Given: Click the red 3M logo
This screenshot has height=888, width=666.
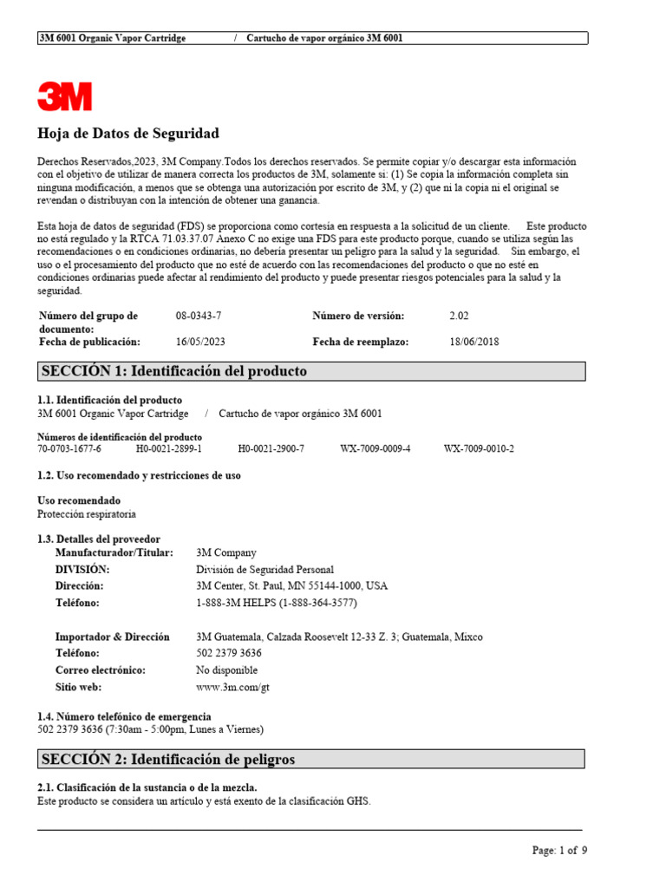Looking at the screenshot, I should [64, 95].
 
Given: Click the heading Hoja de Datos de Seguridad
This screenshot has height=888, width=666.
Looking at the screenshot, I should [128, 134].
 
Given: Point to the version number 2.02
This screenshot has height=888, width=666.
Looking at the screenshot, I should [459, 317].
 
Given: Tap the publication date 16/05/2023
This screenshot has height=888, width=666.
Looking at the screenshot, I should [200, 342].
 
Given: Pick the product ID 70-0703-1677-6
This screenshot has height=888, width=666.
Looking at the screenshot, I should [69, 448].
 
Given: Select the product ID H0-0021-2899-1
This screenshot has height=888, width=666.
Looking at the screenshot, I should [169, 448].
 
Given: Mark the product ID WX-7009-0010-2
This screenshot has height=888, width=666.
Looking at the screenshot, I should [479, 448].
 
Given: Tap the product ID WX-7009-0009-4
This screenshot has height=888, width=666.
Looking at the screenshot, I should [375, 448].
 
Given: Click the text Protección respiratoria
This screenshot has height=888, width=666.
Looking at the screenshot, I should [87, 513].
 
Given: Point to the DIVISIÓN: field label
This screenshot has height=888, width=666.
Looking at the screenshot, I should [82, 570].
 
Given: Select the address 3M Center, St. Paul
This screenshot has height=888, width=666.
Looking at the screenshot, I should [292, 586].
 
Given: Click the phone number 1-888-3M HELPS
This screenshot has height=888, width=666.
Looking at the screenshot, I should [277, 603].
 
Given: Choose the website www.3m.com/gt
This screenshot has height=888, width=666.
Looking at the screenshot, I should [229, 687].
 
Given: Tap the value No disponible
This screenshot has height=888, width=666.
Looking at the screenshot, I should [227, 670].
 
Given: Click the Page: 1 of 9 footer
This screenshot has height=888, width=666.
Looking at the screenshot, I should [559, 851].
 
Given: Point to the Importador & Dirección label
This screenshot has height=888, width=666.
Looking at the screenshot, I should [113, 637].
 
